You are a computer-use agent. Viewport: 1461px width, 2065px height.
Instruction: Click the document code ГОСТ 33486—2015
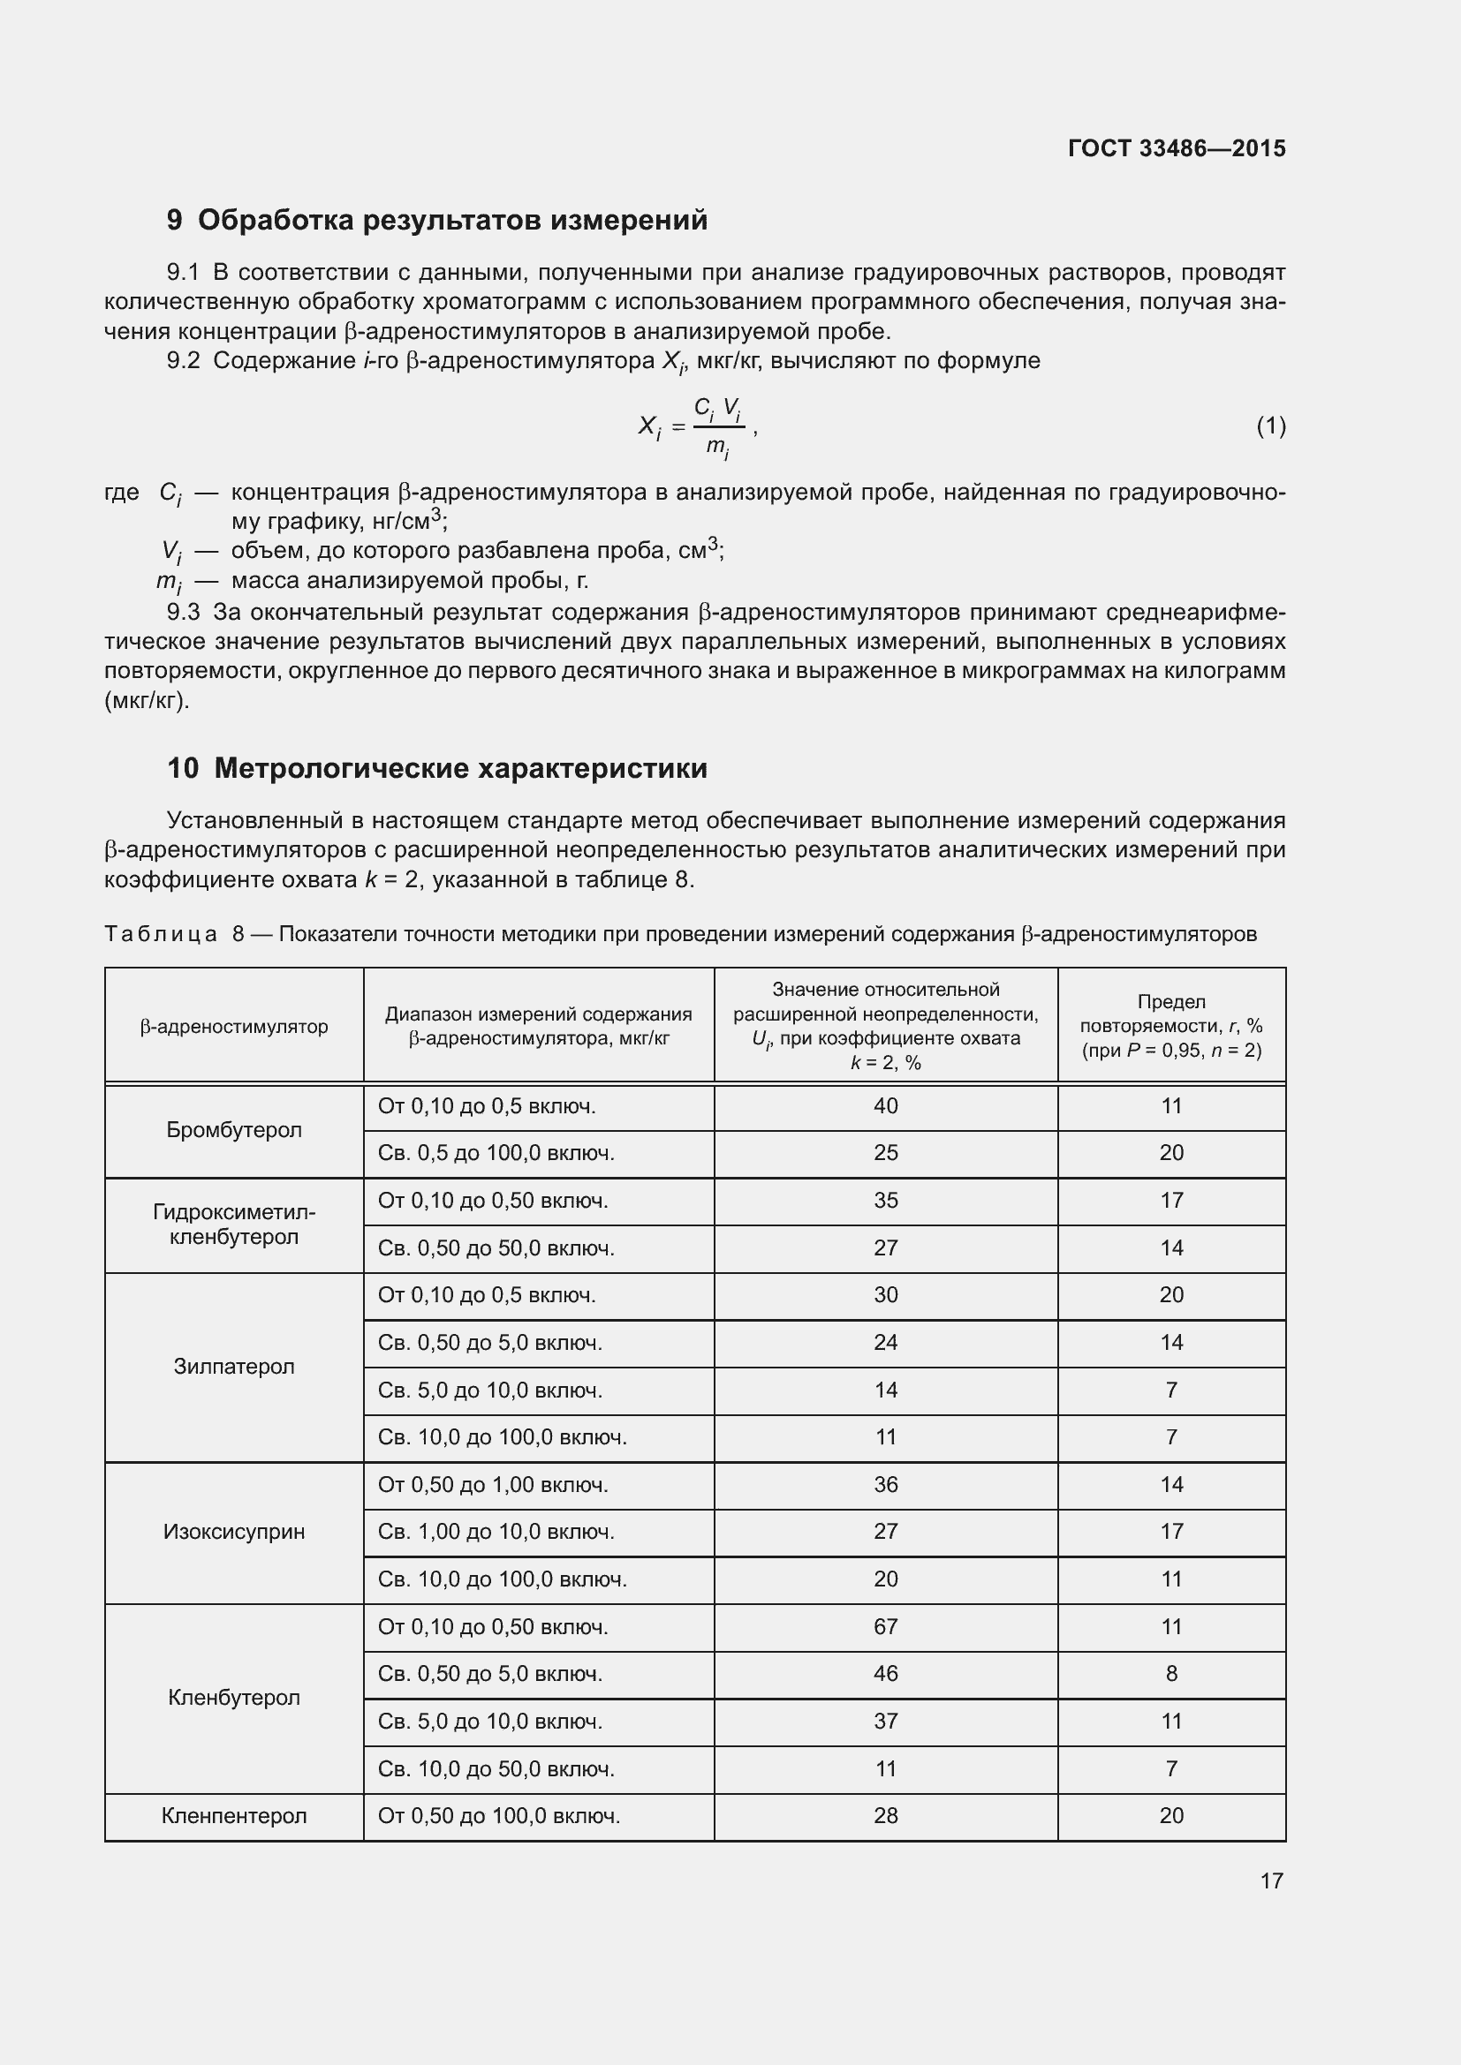(x=1177, y=148)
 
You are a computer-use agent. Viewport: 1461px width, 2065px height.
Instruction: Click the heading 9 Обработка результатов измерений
(x=437, y=221)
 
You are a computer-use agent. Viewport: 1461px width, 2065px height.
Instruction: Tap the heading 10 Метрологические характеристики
(x=437, y=768)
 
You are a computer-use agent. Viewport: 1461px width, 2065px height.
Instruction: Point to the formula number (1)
(x=1270, y=426)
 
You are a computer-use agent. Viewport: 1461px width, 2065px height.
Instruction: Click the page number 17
(x=1271, y=1880)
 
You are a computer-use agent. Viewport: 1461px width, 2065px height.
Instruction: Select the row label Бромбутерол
(x=234, y=1130)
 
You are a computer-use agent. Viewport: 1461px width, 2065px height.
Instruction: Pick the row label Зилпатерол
(x=234, y=1366)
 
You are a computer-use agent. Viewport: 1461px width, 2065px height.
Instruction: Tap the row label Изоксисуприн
(x=234, y=1532)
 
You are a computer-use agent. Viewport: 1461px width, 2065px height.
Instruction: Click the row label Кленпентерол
(x=234, y=1815)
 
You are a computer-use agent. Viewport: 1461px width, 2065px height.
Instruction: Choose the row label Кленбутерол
(x=234, y=1697)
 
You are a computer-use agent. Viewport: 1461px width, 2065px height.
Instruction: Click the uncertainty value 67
(x=885, y=1626)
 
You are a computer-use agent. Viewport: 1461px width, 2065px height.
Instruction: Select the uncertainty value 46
(x=885, y=1674)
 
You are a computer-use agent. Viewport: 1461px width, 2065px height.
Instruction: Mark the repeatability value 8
(x=1171, y=1674)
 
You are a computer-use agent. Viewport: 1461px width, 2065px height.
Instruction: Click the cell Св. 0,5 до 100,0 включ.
(x=496, y=1153)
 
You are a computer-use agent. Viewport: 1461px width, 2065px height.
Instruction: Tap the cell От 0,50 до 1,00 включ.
(x=493, y=1484)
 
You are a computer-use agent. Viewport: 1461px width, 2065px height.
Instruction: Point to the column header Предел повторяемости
(x=1171, y=1025)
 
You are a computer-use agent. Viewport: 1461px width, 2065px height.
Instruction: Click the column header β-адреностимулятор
(x=234, y=1026)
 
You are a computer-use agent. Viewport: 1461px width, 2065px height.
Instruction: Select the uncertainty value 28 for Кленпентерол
(x=885, y=1815)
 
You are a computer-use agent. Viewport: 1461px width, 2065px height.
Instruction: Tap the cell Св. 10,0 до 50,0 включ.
(x=496, y=1768)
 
